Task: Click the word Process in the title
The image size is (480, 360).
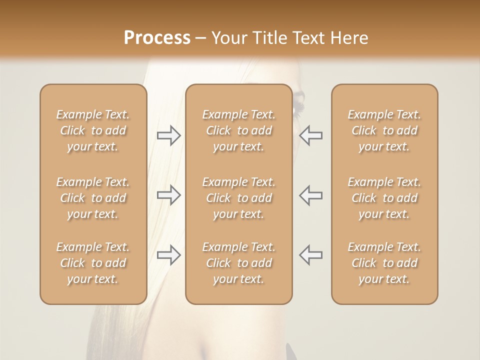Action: pyautogui.click(x=157, y=38)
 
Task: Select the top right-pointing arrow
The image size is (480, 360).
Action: pyautogui.click(x=169, y=135)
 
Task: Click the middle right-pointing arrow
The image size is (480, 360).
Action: pyautogui.click(x=169, y=195)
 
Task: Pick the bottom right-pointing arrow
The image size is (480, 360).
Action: pyautogui.click(x=169, y=255)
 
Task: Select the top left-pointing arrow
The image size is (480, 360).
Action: pyautogui.click(x=310, y=135)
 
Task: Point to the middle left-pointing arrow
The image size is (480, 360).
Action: pyautogui.click(x=310, y=195)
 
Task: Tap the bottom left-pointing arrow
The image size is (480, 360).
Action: pyautogui.click(x=310, y=255)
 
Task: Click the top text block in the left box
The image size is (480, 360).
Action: pyautogui.click(x=93, y=130)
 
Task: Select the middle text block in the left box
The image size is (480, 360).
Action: pyautogui.click(x=93, y=198)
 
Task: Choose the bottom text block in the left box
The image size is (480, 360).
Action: pyautogui.click(x=93, y=263)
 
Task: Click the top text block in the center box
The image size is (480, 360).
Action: pyautogui.click(x=239, y=130)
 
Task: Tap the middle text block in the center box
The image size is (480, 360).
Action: pyautogui.click(x=239, y=198)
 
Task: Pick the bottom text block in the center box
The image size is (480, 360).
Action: pyautogui.click(x=239, y=263)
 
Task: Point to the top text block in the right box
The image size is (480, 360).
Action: pyautogui.click(x=384, y=130)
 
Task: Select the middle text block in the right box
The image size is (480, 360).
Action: pyautogui.click(x=384, y=198)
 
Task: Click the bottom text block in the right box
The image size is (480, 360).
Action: pyautogui.click(x=384, y=263)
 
